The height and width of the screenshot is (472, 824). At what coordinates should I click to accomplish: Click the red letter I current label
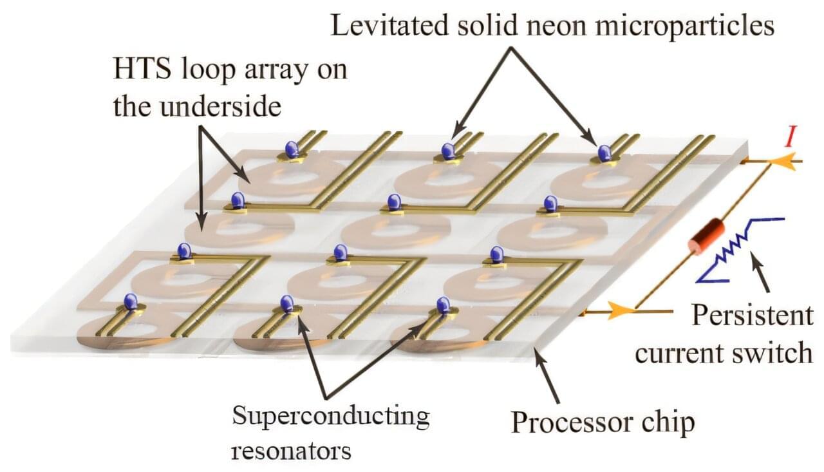click(789, 136)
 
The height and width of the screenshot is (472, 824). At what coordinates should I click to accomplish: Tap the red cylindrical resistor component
click(706, 236)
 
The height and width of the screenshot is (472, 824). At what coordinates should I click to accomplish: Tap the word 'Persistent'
click(753, 315)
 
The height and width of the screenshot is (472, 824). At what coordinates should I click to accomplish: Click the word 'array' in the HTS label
click(276, 71)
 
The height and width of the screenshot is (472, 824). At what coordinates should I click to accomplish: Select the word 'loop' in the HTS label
click(209, 71)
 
